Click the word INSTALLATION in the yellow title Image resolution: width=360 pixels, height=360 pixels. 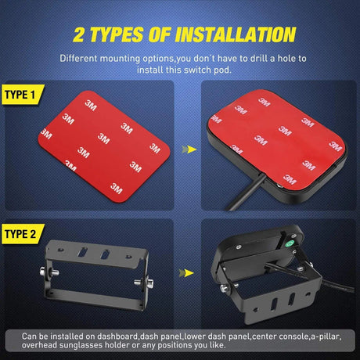point(232,34)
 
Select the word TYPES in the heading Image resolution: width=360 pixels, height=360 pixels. point(117,34)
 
